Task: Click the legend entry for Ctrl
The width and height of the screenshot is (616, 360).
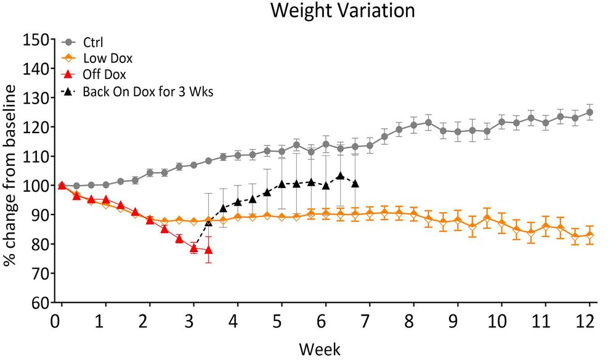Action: pyautogui.click(x=94, y=43)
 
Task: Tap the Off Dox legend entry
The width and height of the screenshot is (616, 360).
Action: pyautogui.click(x=105, y=75)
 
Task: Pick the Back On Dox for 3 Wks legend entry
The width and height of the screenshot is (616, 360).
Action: pyautogui.click(x=145, y=92)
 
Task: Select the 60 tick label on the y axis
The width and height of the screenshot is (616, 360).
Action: pyautogui.click(x=41, y=303)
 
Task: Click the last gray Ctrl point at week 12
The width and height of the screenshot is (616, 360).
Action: pyautogui.click(x=590, y=112)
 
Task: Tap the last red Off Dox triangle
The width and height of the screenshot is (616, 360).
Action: pyautogui.click(x=208, y=250)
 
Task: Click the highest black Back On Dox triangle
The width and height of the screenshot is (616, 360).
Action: pyautogui.click(x=340, y=176)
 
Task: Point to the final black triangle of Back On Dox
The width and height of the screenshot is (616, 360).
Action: pyautogui.click(x=355, y=184)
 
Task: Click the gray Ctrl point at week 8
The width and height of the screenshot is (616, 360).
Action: pyautogui.click(x=414, y=125)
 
